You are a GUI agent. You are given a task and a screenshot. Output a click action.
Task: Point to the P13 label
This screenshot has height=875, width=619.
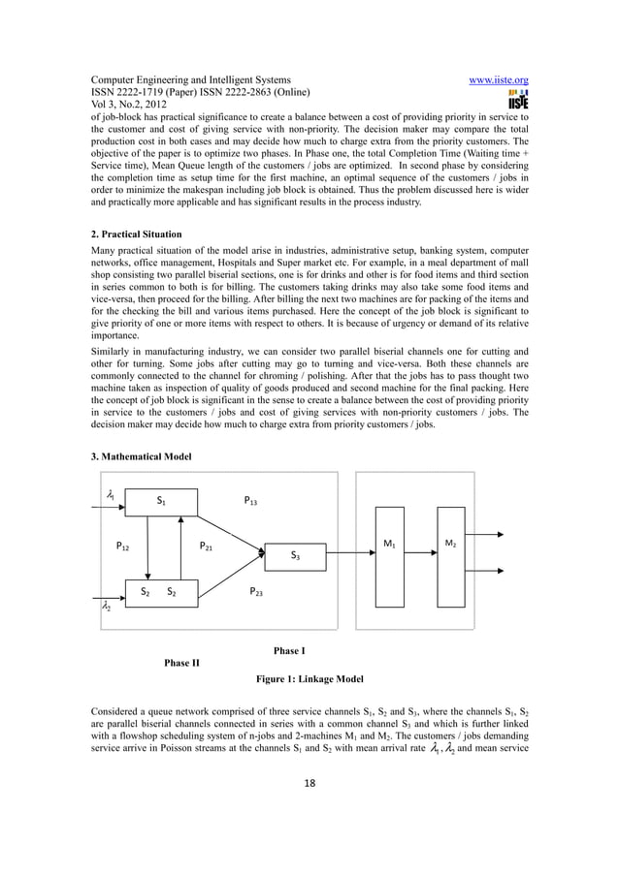[250, 501]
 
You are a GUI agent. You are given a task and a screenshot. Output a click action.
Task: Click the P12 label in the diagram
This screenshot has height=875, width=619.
[124, 547]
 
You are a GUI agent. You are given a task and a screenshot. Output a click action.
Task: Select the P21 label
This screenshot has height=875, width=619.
[207, 547]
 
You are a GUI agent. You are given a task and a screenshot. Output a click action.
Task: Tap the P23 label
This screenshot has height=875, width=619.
[257, 590]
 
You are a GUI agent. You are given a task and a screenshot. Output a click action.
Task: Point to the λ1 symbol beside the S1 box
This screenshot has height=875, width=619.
[112, 495]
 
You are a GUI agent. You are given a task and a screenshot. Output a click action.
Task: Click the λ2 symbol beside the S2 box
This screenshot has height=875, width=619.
[106, 608]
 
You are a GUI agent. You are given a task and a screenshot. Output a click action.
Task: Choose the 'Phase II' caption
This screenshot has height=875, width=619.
[181, 663]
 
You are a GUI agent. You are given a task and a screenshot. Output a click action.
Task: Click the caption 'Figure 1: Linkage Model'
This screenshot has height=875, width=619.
[309, 679]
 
